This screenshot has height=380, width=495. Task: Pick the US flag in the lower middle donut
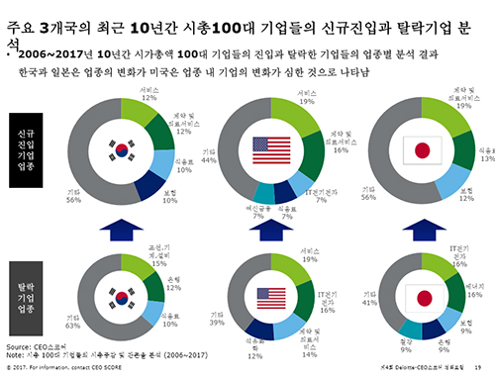(x=270, y=296)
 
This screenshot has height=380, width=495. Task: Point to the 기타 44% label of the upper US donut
(x=209, y=156)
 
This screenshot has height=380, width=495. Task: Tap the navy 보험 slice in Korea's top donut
(x=148, y=189)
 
